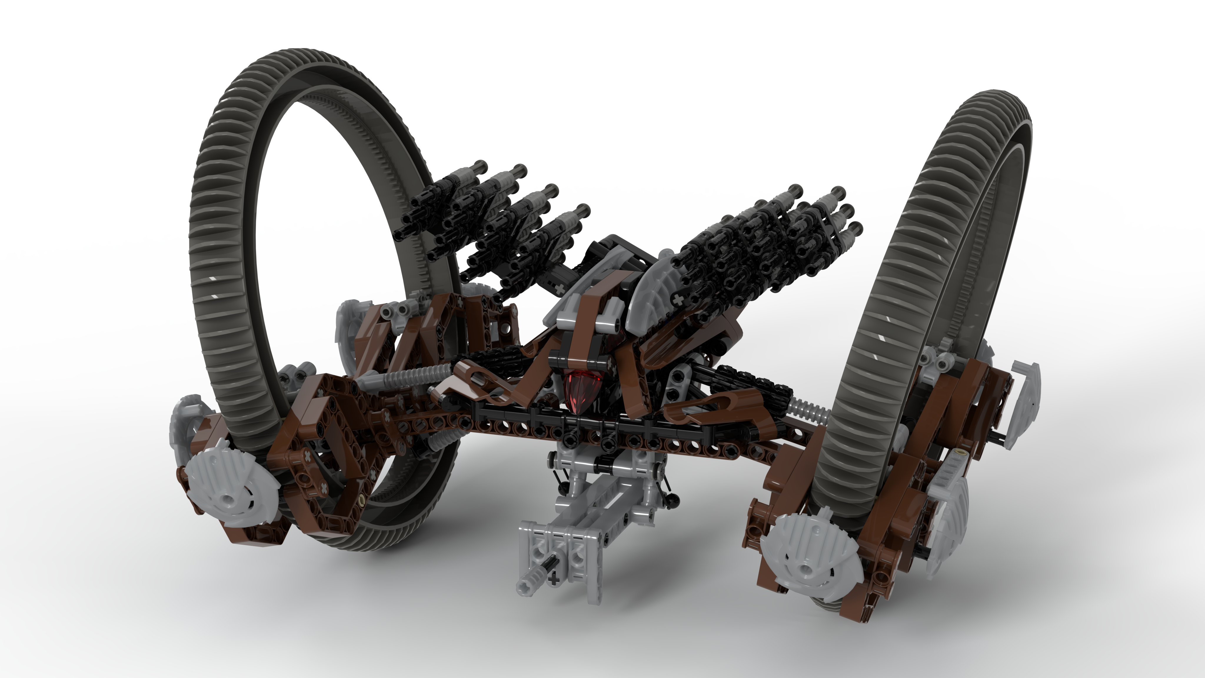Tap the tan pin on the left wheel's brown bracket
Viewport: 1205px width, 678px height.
tap(360, 505)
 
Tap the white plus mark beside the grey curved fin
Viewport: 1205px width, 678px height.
tap(677, 300)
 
